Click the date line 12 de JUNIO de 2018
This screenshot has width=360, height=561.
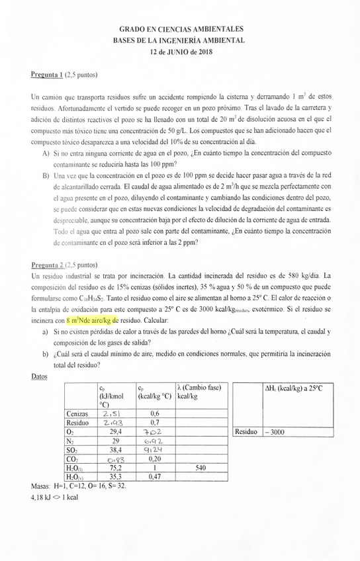pyautogui.click(x=180, y=53)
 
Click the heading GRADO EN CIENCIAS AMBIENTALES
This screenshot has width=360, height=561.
pyautogui.click(x=180, y=30)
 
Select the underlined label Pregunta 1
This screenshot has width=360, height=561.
pyautogui.click(x=46, y=75)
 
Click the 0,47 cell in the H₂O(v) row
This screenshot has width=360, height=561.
pyautogui.click(x=153, y=476)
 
